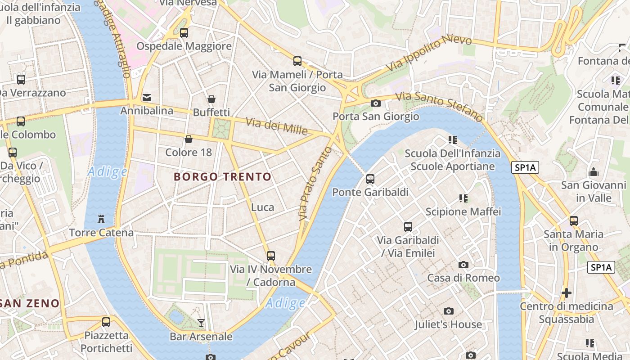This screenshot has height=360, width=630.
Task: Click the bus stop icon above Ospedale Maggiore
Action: (x=184, y=32)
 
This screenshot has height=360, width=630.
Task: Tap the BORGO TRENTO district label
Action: (x=223, y=177)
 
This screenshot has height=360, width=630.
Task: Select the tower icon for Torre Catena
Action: (x=101, y=219)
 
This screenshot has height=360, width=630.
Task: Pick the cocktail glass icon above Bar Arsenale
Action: (x=201, y=323)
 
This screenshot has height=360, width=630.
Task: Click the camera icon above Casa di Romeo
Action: (x=463, y=265)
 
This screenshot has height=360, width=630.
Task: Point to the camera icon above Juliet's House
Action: (x=448, y=311)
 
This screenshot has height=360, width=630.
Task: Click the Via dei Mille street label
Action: (x=276, y=126)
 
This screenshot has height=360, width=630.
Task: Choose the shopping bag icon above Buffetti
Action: (x=211, y=99)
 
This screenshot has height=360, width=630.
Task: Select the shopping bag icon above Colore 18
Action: (x=189, y=139)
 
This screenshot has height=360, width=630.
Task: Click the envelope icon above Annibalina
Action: (x=147, y=97)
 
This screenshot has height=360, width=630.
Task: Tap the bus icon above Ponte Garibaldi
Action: (x=370, y=179)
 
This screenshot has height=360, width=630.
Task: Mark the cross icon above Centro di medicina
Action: (x=567, y=293)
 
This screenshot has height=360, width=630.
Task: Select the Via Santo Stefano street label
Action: (x=439, y=107)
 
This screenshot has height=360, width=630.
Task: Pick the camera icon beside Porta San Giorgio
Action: (x=376, y=103)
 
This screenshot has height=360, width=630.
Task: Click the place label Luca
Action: (x=262, y=207)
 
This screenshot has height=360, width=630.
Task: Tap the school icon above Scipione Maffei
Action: (x=463, y=198)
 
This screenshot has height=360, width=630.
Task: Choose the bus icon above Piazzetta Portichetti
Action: (x=106, y=322)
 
